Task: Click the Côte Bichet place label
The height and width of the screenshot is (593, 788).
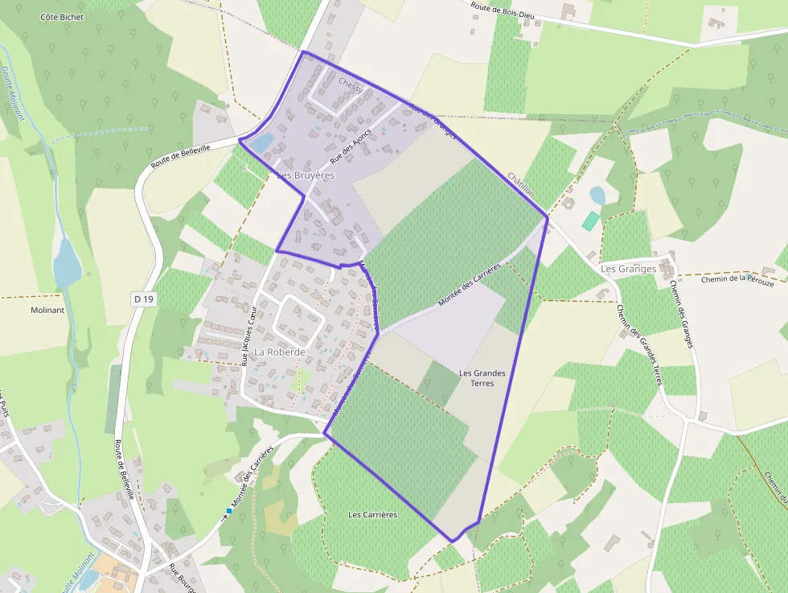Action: click(60, 16)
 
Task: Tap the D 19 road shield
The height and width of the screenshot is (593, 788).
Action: click(143, 299)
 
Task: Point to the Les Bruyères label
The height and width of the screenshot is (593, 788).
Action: click(305, 175)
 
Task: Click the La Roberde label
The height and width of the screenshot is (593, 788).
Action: click(280, 352)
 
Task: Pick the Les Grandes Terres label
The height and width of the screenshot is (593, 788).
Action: click(482, 378)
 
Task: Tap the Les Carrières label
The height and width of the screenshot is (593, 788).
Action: click(373, 514)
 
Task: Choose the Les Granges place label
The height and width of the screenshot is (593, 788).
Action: click(629, 269)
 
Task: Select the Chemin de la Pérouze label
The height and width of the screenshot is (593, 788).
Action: click(737, 280)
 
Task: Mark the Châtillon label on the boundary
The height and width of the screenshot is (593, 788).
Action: click(520, 183)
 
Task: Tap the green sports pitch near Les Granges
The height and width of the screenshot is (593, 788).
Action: click(591, 220)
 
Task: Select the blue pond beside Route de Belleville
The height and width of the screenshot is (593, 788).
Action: click(262, 142)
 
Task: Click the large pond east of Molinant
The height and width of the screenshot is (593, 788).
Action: click(67, 262)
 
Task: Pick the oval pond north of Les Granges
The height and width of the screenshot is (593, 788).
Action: click(597, 196)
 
